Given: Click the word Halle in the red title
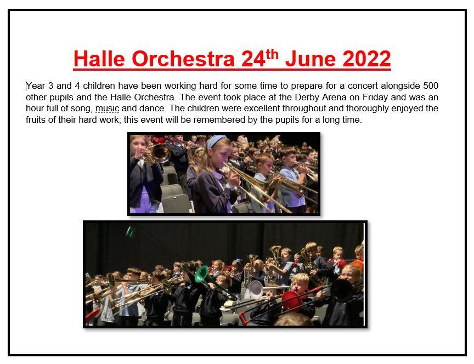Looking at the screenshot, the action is (x=99, y=59).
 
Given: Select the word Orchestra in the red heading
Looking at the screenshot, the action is (x=183, y=59).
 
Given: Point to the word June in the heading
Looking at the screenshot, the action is (x=311, y=59).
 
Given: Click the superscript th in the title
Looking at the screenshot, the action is (x=272, y=54).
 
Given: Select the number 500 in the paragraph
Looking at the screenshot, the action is (x=431, y=86).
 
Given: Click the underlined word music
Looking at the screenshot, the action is (x=108, y=109).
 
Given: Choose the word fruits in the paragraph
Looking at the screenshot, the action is (x=36, y=120).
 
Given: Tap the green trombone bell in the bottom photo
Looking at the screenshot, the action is (x=201, y=274).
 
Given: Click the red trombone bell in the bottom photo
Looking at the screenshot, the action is (x=291, y=300).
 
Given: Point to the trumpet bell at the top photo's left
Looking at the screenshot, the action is (x=161, y=153).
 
